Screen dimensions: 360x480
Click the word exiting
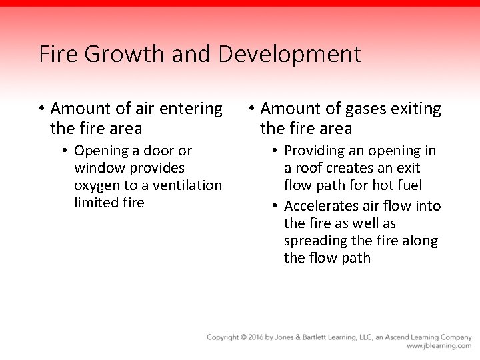point(413,108)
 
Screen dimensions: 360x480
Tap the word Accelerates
point(325,206)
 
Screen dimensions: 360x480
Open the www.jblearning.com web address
point(439,347)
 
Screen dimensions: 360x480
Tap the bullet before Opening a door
point(65,151)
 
